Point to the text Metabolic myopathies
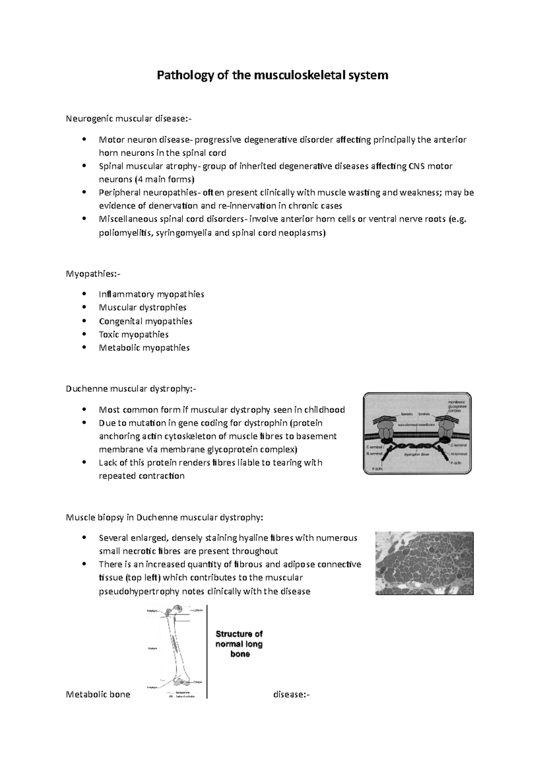144,348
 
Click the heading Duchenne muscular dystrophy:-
131,389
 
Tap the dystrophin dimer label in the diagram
417,454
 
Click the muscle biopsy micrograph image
424,563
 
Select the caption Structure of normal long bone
239,644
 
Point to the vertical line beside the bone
207,650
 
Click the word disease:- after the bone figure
291,695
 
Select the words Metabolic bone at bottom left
98,695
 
